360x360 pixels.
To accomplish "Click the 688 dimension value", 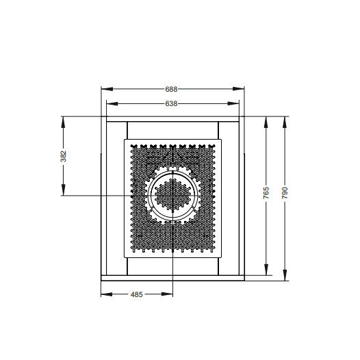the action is [171, 89].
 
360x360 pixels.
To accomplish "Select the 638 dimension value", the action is [171, 104].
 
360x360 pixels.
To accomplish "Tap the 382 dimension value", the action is [63, 156].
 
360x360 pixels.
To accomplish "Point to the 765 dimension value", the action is [266, 193].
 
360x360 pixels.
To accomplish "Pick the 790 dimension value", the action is [285, 193].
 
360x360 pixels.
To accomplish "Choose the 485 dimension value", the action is [137, 294].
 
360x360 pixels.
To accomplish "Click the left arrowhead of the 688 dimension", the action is [107, 89].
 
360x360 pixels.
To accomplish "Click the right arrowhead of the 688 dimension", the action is [238, 89].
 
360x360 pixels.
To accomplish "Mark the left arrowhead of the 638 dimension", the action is [112, 104].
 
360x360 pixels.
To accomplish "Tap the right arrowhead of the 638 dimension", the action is [233, 104].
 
